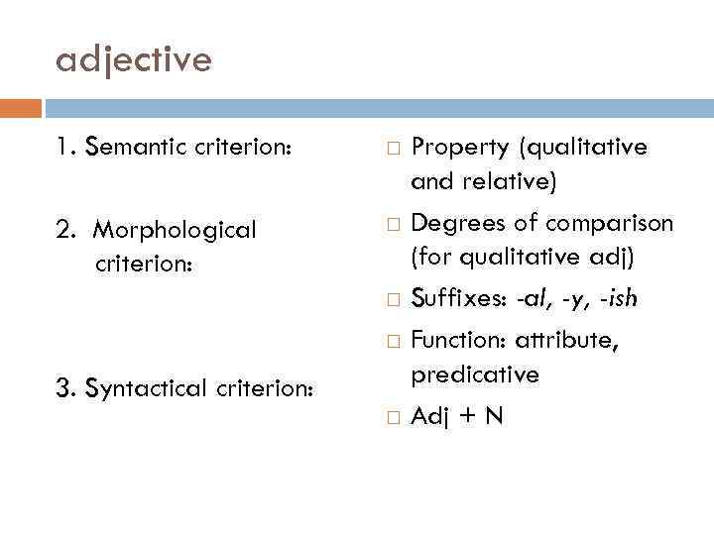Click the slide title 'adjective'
pos(134,61)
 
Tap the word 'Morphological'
pos(175,230)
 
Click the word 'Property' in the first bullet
pos(459,148)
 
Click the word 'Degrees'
pos(457,223)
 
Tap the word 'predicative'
pos(476,374)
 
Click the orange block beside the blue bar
pos(21,107)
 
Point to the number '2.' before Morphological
pos(66,230)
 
